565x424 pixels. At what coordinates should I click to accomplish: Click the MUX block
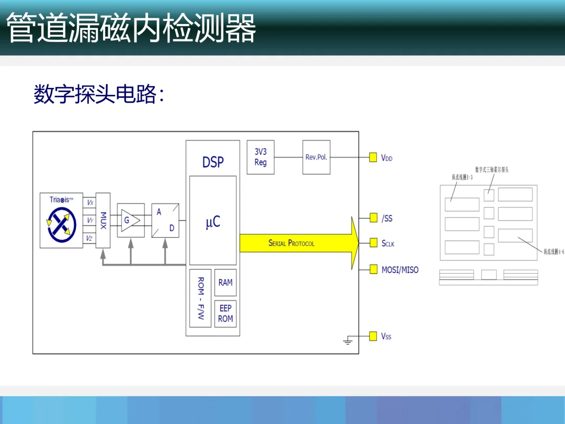103,220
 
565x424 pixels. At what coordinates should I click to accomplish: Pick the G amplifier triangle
131,220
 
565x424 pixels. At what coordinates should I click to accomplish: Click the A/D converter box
165,220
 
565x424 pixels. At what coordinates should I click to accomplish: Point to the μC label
213,222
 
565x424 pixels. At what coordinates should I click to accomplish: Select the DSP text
213,162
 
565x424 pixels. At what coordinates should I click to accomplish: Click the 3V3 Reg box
261,157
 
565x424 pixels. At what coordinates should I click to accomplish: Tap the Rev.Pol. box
317,157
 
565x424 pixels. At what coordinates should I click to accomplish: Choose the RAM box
225,283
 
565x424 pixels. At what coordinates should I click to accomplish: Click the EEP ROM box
225,313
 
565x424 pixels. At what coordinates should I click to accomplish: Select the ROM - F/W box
200,298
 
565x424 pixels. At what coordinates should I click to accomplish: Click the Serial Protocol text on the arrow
291,243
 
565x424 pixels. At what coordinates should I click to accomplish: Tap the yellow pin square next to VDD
373,157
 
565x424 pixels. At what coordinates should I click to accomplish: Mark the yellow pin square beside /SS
373,218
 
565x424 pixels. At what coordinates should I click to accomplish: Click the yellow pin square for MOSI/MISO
373,270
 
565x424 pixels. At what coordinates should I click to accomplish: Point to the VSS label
386,337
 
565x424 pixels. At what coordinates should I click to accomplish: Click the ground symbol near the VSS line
348,342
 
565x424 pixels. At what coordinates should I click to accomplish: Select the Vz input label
90,239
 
